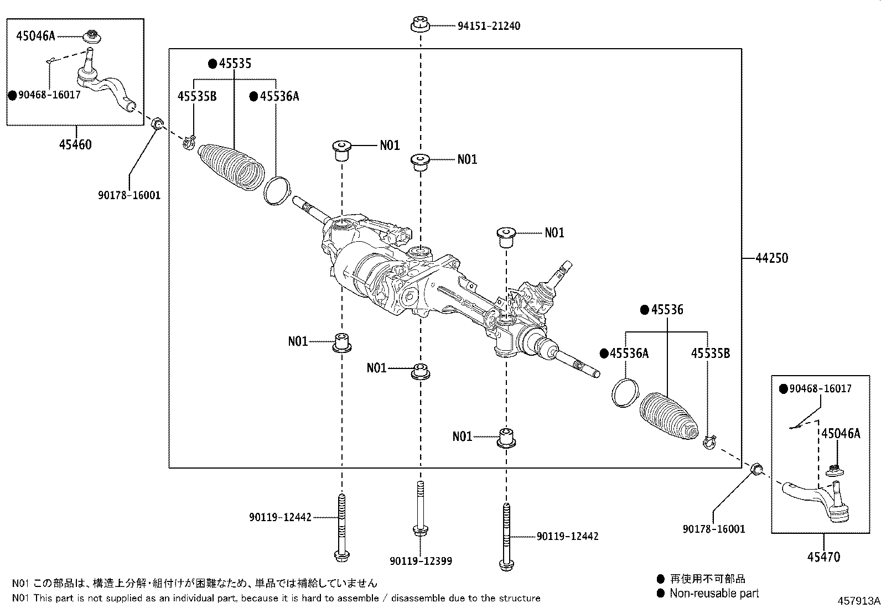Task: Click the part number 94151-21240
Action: coord(489,26)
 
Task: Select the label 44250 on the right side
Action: coord(771,258)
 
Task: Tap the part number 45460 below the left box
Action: coord(75,145)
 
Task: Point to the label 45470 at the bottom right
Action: coord(823,557)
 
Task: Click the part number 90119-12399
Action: coord(421,561)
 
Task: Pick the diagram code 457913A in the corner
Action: coord(857,601)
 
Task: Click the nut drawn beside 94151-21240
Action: coord(421,25)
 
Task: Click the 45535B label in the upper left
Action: coord(196,97)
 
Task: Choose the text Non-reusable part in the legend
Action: coord(714,594)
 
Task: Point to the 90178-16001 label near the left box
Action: coord(129,195)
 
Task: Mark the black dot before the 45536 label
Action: coord(644,310)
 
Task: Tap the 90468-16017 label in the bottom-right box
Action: coord(820,389)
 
